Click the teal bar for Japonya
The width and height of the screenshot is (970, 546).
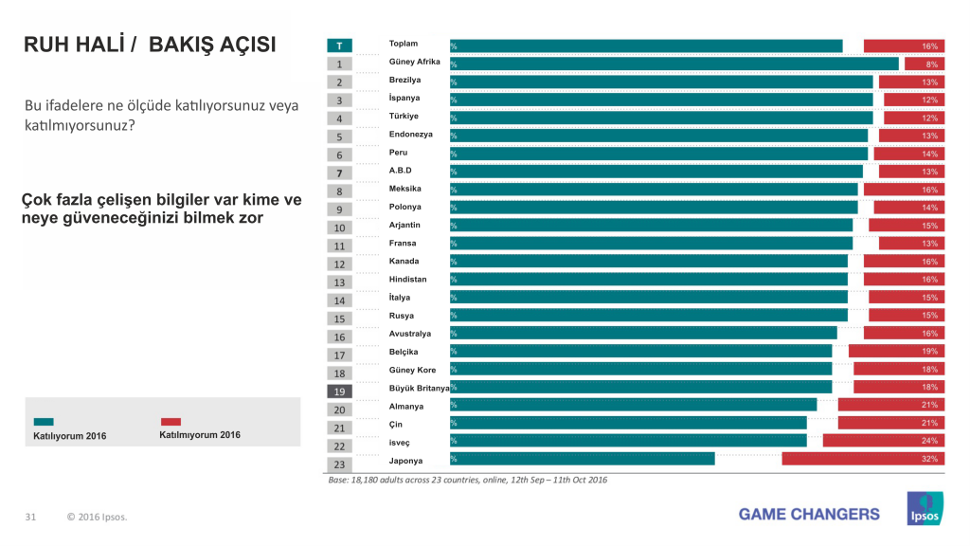[583, 459]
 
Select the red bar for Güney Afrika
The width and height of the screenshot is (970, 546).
[925, 64]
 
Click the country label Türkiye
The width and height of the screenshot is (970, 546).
[404, 117]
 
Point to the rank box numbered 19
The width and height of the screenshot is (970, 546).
[339, 391]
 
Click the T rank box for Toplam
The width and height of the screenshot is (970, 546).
[339, 45]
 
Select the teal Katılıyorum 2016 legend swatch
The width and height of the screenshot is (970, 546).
[44, 422]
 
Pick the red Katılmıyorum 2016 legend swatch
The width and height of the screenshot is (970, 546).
[171, 422]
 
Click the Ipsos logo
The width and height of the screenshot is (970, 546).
[923, 508]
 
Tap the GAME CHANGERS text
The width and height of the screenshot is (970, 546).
[809, 514]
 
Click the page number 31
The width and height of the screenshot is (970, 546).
[30, 517]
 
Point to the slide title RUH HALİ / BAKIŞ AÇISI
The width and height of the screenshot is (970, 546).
[150, 45]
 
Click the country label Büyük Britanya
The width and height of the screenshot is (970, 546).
[419, 388]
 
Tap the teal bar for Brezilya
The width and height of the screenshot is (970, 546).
[661, 82]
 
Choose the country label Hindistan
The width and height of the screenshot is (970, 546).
[408, 280]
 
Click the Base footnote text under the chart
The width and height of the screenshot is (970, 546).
[468, 480]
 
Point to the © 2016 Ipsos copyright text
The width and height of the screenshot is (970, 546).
[97, 517]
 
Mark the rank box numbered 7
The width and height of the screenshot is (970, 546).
[339, 173]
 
